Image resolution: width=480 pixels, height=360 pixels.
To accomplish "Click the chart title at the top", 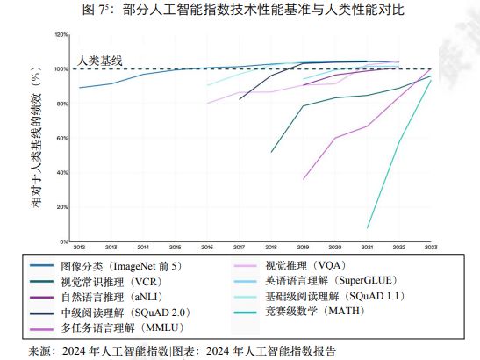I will (239, 11).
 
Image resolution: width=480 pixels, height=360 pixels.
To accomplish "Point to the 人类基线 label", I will (98, 60).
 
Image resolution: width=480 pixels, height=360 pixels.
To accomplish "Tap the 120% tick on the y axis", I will (62, 35).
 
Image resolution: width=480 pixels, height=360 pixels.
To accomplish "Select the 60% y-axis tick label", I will (63, 138).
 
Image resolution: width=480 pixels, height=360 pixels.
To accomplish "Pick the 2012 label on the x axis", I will (79, 248).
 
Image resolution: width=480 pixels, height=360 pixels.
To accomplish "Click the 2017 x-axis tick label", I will (239, 248).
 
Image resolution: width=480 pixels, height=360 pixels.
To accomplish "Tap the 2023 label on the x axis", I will (431, 248).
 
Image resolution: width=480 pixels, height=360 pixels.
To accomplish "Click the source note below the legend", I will (183, 350).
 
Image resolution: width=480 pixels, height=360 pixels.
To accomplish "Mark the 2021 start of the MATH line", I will (368, 228).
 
